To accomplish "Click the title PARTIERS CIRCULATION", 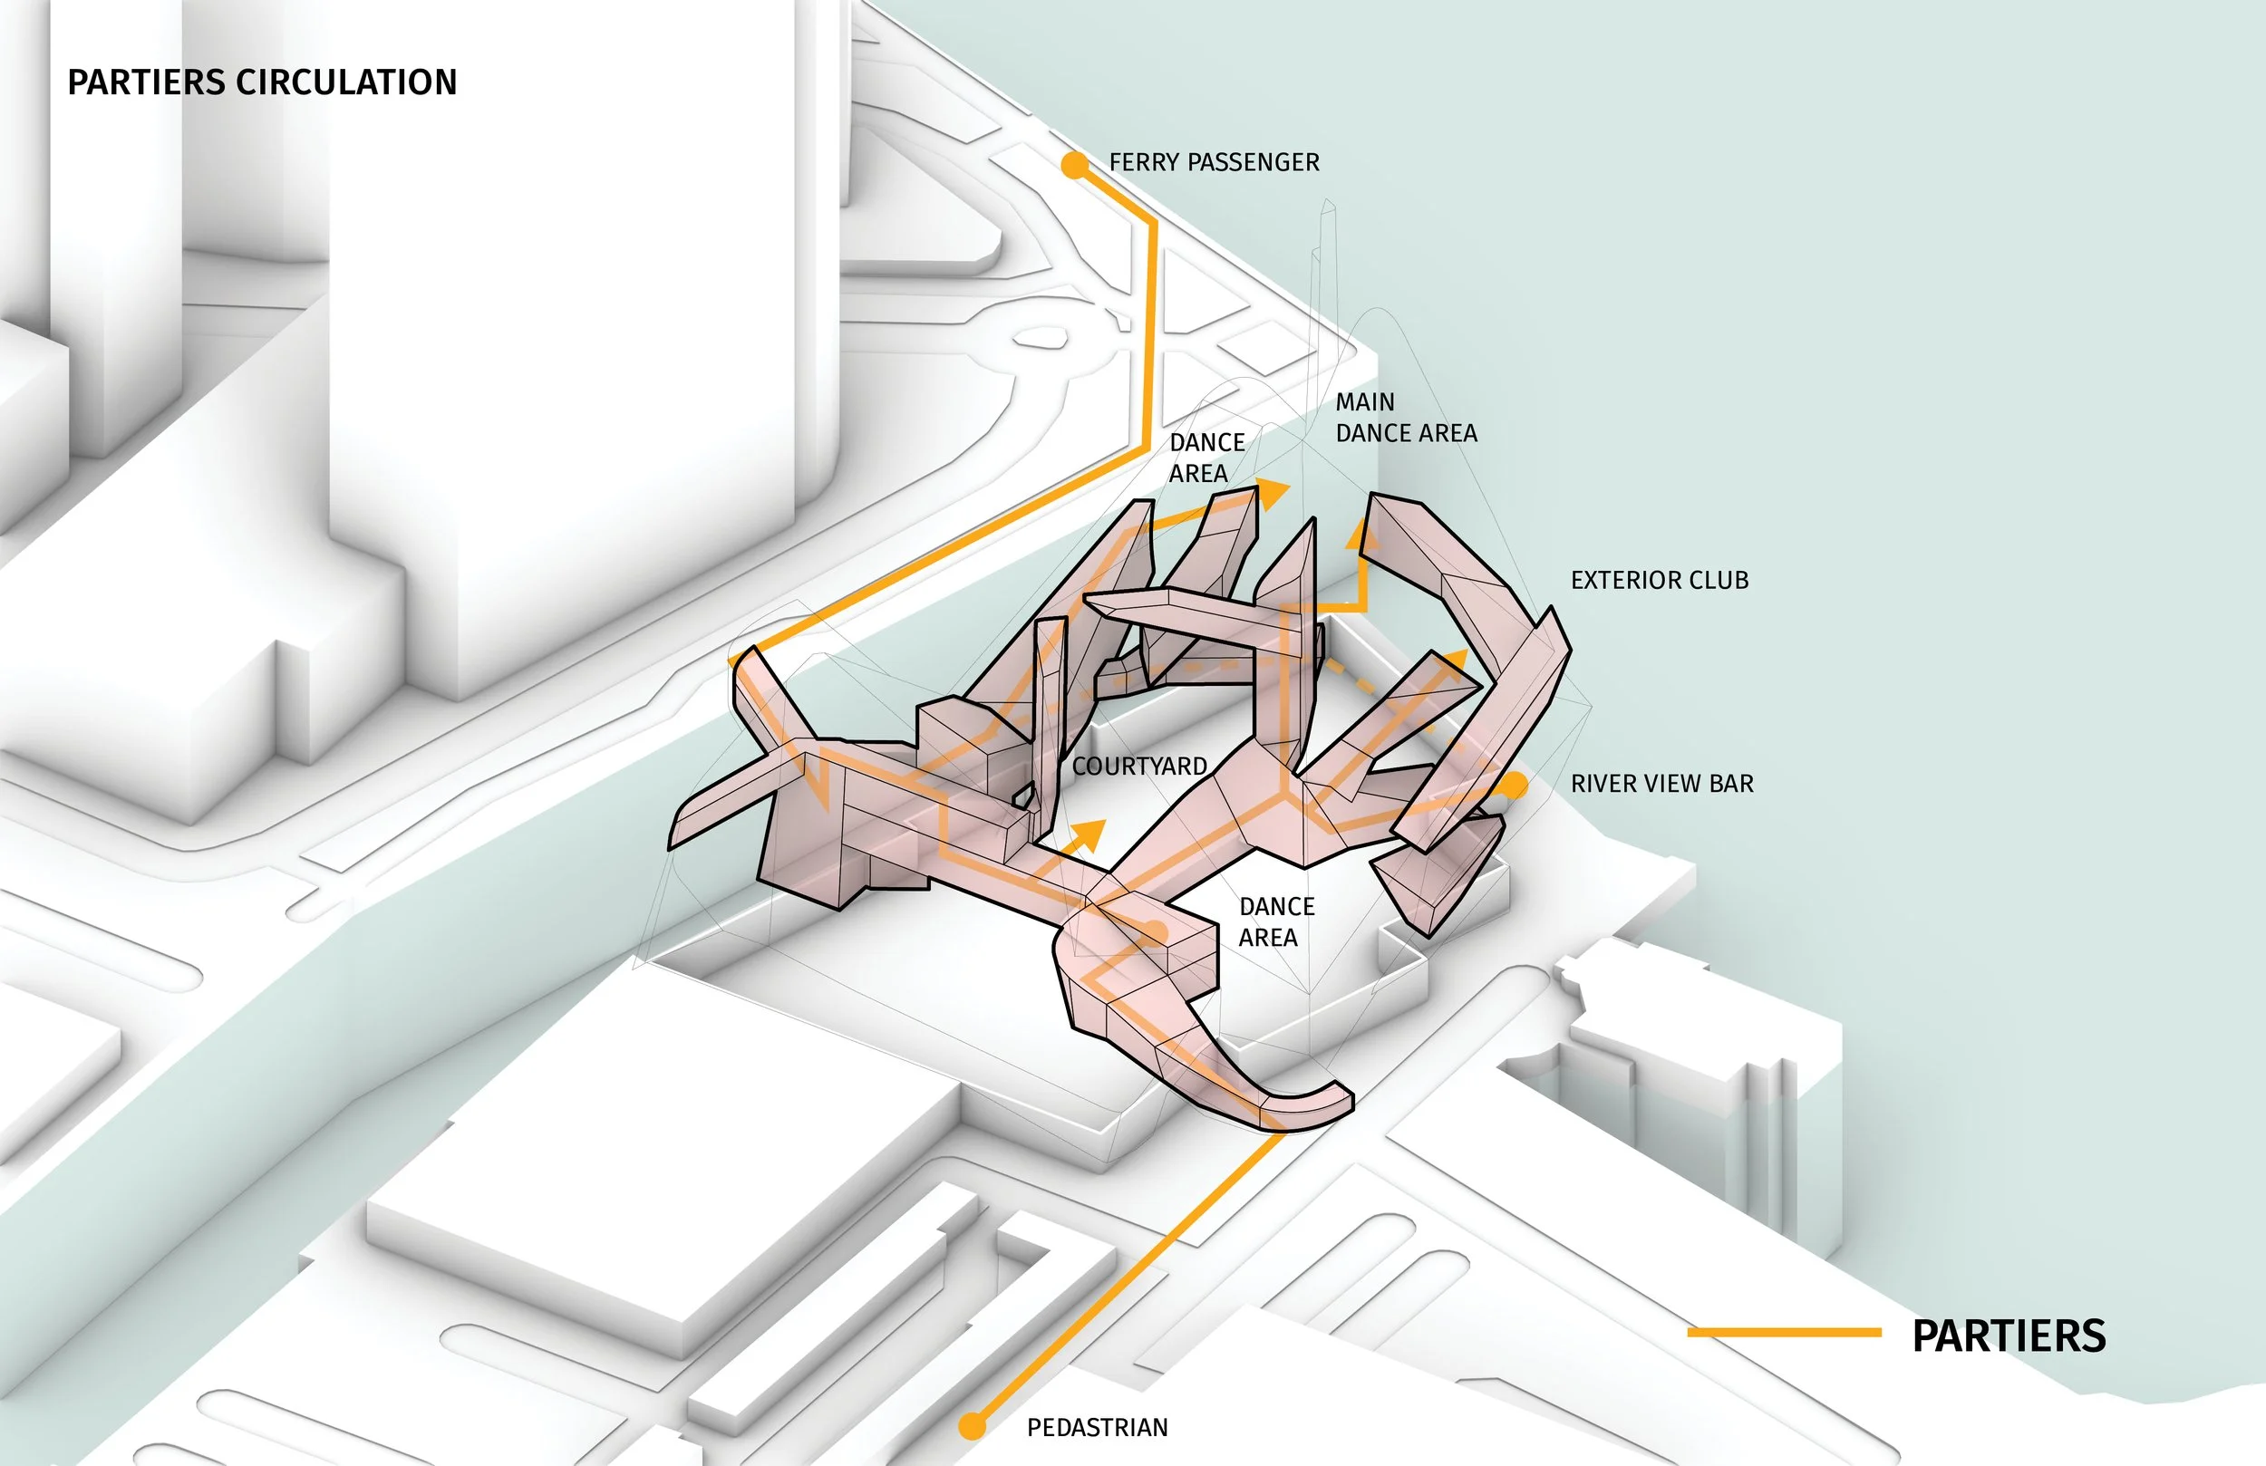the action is [x=262, y=82].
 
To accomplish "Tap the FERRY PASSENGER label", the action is [x=1214, y=163].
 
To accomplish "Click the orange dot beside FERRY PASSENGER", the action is [x=1075, y=166].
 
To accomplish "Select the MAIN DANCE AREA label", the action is [x=1405, y=418].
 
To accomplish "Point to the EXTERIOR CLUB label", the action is [x=1660, y=581].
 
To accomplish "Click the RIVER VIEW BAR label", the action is [x=1661, y=784].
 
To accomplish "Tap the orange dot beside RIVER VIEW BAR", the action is [x=1514, y=786].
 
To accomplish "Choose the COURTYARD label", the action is [x=1139, y=767].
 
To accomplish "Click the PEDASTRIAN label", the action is [x=1097, y=1428].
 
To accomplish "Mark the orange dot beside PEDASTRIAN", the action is [x=972, y=1426].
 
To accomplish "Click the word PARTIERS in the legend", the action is [x=2009, y=1336].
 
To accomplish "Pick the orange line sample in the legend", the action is [x=1783, y=1333].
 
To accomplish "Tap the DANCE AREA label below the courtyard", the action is [x=1276, y=921].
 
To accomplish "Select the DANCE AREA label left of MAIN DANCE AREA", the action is [x=1206, y=458].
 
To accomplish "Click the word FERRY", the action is [x=1144, y=163].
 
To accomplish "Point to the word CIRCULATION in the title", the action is [x=346, y=82].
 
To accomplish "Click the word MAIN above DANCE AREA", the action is [x=1364, y=402].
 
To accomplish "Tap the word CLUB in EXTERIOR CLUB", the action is [x=1718, y=581].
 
